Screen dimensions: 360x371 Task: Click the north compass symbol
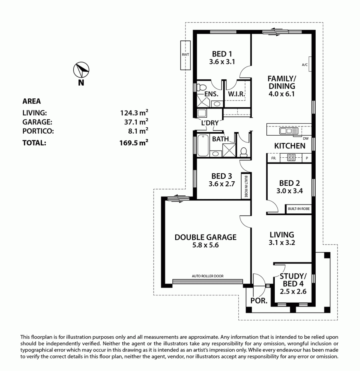click(x=81, y=70)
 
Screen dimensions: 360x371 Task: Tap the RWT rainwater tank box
click(x=186, y=55)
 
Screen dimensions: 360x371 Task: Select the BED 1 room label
click(x=222, y=54)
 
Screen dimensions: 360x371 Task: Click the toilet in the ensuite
click(x=201, y=87)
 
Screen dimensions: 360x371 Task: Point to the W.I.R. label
click(x=236, y=94)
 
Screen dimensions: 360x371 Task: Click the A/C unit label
click(x=305, y=64)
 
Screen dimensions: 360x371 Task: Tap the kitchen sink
click(x=289, y=131)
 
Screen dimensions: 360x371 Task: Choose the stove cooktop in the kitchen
click(x=291, y=158)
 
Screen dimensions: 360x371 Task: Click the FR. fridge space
click(x=274, y=158)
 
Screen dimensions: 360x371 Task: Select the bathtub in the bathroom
click(x=203, y=145)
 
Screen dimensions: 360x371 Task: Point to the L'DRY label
click(x=210, y=123)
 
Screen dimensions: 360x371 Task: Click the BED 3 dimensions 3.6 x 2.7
click(x=222, y=184)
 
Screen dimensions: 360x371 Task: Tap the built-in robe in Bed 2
click(x=298, y=209)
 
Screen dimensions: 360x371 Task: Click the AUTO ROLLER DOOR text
click(x=208, y=276)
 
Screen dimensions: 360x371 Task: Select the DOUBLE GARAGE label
click(x=205, y=237)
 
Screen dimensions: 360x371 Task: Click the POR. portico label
click(x=259, y=301)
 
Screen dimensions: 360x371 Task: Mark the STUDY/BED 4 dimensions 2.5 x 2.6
click(x=293, y=291)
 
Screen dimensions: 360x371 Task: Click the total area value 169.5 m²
click(x=134, y=142)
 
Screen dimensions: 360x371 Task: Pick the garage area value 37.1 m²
click(x=136, y=122)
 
